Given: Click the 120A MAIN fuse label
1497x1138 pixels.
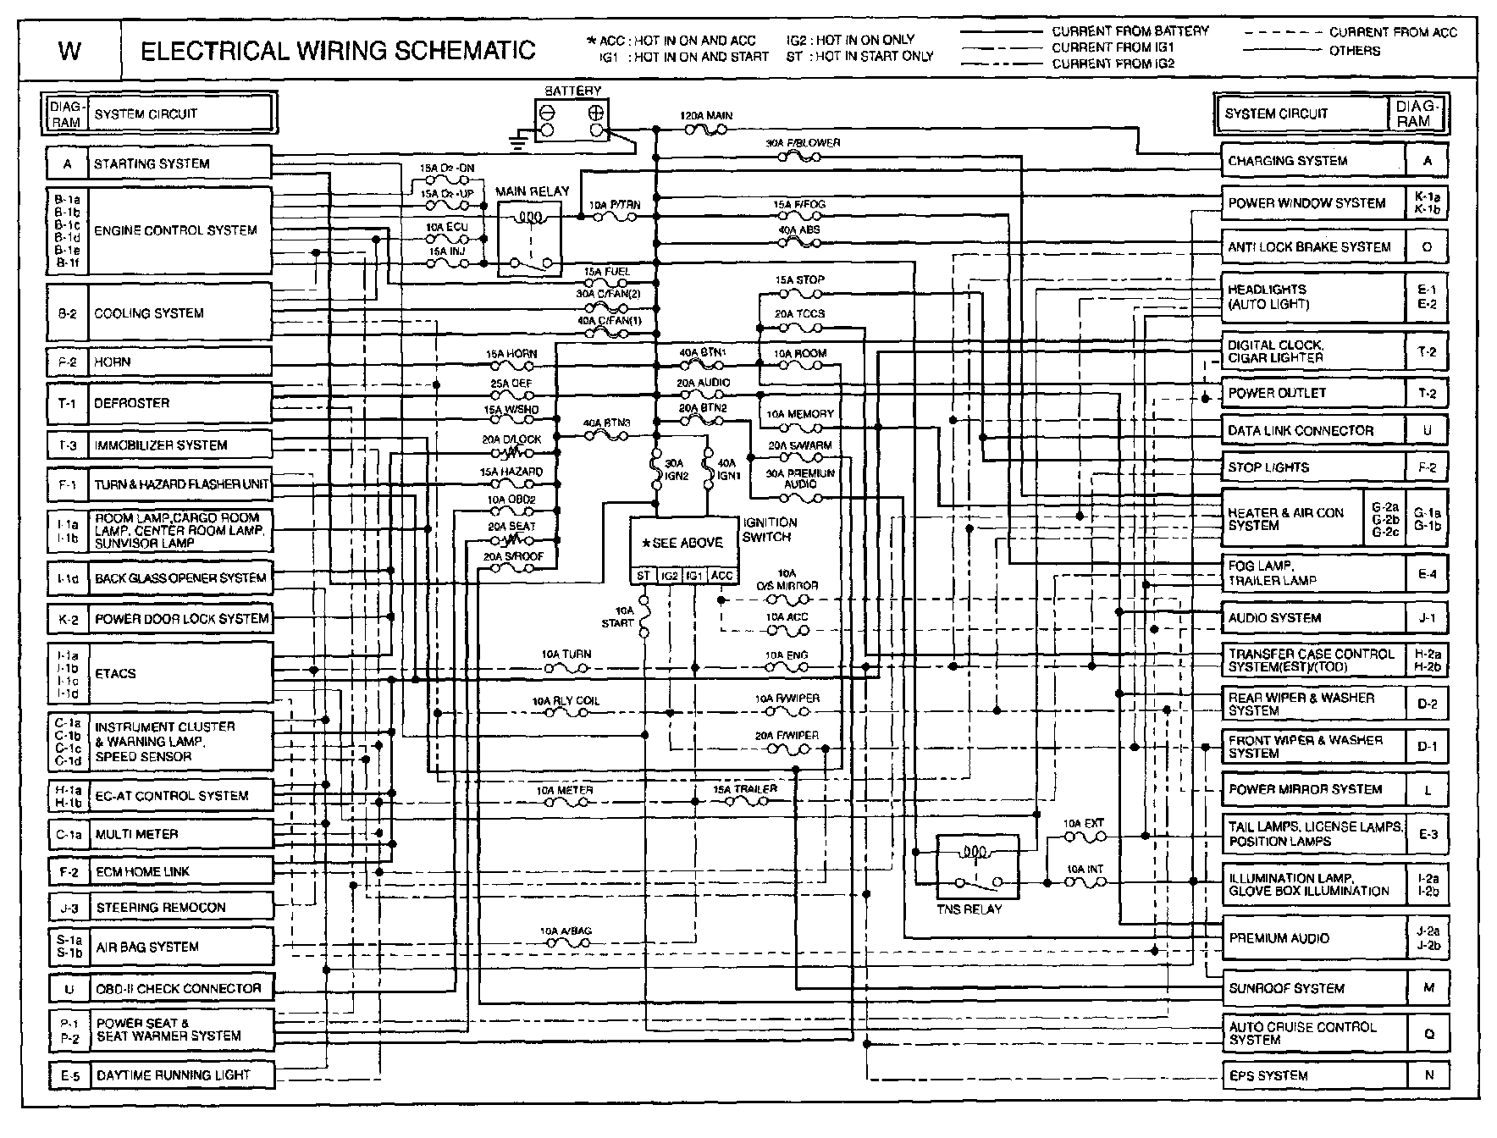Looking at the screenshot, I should [706, 115].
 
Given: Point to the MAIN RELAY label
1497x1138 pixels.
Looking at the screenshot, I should [533, 191].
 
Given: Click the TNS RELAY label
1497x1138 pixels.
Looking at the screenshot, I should [969, 909].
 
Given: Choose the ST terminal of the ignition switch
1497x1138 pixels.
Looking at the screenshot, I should [644, 576].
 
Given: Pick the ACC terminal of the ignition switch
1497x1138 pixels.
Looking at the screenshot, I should [722, 576].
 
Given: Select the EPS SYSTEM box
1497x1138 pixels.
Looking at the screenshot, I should [1312, 1075].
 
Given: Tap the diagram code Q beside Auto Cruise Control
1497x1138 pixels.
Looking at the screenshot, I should [1428, 1033].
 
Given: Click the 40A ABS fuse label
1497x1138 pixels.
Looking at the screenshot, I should [798, 229].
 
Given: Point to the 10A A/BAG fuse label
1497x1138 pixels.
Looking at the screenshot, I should [566, 931].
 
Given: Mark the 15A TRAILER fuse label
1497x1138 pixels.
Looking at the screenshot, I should [744, 788].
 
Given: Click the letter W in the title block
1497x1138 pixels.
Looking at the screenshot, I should [69, 52].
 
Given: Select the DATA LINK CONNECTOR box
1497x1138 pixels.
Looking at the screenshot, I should [1312, 430].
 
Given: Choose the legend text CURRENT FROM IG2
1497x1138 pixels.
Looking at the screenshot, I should [1113, 64].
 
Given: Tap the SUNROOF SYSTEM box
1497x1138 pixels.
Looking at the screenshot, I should [1312, 987].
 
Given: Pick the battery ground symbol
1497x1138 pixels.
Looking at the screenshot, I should [519, 141].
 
